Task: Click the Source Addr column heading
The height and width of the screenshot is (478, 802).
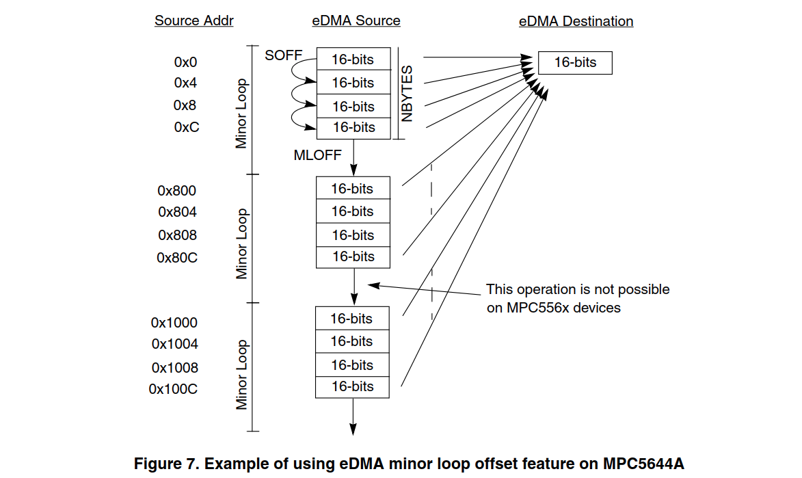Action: click(193, 21)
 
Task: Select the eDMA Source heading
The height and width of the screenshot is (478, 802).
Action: click(356, 21)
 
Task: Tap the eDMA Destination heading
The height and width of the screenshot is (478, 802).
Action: click(576, 21)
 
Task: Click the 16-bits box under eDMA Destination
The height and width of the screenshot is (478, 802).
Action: click(575, 62)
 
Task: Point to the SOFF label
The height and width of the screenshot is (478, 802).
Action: click(283, 55)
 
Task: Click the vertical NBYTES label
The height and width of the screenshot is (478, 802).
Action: click(408, 94)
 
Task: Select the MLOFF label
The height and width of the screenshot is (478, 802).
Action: click(317, 155)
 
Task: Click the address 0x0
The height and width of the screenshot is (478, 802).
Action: click(185, 62)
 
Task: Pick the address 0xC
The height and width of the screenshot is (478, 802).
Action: click(186, 127)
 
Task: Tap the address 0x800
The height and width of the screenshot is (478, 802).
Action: click(176, 191)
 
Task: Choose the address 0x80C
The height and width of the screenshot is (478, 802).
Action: click(176, 258)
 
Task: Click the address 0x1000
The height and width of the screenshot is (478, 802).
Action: click(174, 323)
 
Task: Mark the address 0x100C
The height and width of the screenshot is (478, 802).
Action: click(173, 389)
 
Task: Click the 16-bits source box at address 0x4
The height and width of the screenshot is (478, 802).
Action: click(353, 83)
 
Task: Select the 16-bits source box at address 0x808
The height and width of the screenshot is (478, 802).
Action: click(353, 235)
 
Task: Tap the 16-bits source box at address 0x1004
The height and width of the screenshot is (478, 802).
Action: click(353, 341)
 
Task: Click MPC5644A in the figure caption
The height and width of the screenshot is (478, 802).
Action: click(643, 464)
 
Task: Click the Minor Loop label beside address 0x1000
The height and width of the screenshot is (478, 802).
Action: click(241, 374)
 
